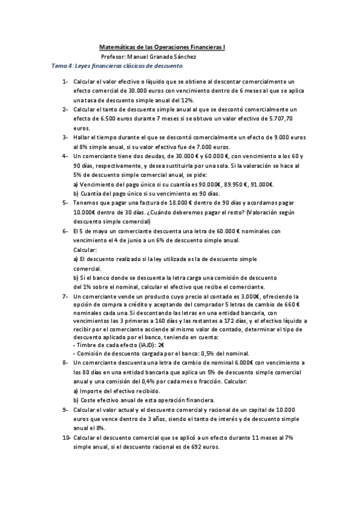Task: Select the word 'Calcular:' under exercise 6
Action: pyautogui.click(x=85, y=249)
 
